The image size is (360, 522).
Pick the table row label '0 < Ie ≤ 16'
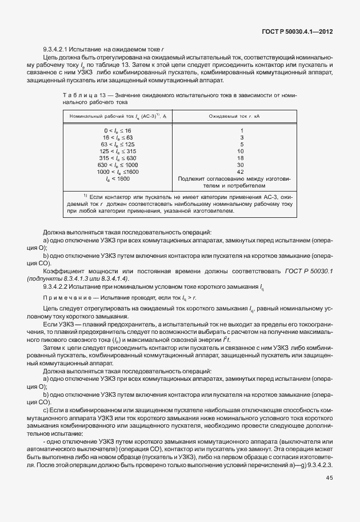click(114, 131)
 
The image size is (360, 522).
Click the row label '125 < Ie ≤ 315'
click(114, 152)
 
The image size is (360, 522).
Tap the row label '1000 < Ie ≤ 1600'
click(114, 172)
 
